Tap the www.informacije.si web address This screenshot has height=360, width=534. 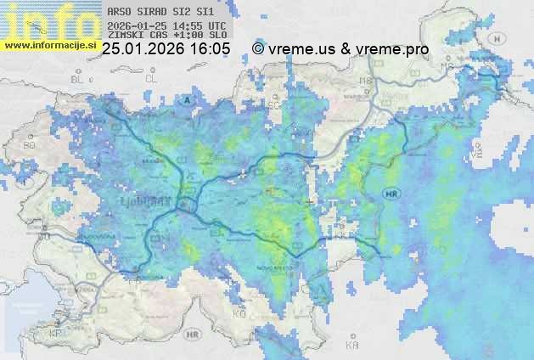pyautogui.click(x=50, y=45)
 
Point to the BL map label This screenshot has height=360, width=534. pyautogui.click(x=80, y=78)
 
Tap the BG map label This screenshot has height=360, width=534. pyautogui.click(x=30, y=145)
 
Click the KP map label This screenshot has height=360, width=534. pyautogui.click(x=57, y=333)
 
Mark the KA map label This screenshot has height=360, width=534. pyautogui.click(x=352, y=345)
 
